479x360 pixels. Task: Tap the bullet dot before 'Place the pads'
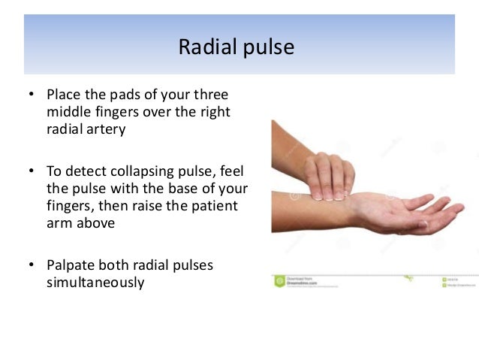click(x=31, y=96)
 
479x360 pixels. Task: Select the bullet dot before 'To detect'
click(x=31, y=171)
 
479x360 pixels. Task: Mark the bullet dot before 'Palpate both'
click(x=31, y=265)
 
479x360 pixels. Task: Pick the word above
click(x=95, y=222)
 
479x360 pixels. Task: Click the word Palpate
click(x=71, y=266)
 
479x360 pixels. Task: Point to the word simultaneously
click(x=95, y=283)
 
